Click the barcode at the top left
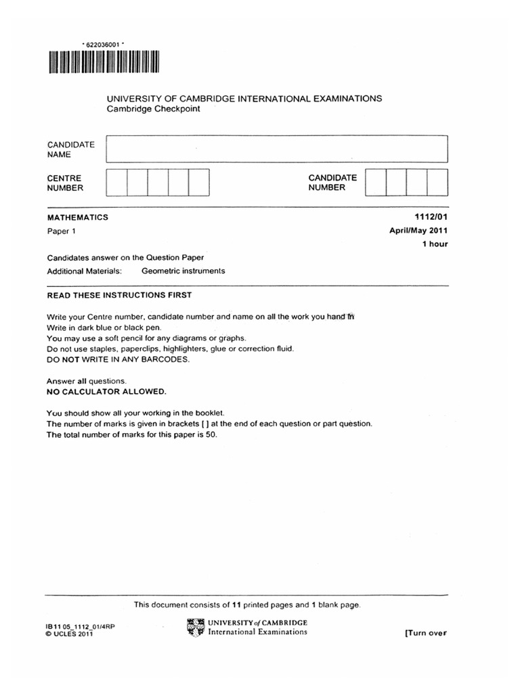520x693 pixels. (103, 63)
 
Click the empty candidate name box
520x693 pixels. (277, 148)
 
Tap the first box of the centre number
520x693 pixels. (116, 182)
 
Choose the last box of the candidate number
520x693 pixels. (437, 182)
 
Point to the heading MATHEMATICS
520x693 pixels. (77, 217)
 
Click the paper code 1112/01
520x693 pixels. (431, 217)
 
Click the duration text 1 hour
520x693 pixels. (435, 244)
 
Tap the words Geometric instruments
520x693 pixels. (183, 271)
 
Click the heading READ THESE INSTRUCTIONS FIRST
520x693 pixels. (119, 295)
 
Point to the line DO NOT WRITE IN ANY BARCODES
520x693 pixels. (118, 359)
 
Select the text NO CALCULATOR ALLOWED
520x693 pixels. (106, 392)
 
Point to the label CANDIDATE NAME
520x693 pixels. (70, 150)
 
